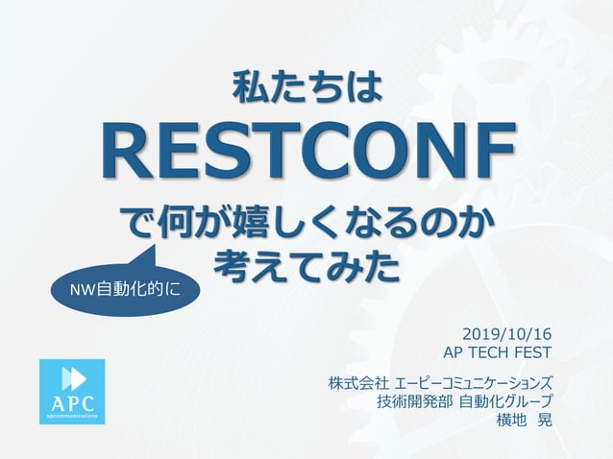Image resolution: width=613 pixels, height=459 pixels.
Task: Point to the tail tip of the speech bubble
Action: point(156,246)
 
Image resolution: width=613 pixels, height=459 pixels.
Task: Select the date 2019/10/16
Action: point(507,334)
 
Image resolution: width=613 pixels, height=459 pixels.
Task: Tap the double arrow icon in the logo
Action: point(73,377)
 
